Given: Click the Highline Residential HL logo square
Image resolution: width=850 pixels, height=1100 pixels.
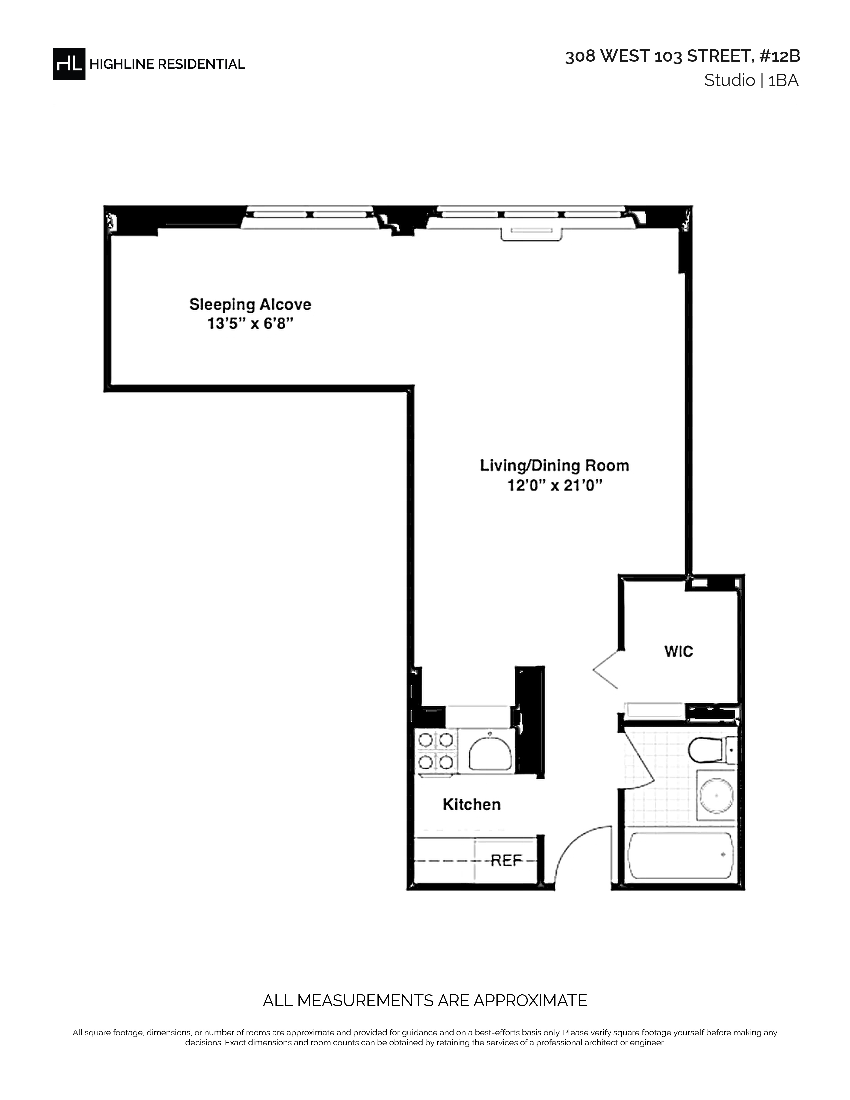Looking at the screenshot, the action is (x=69, y=64).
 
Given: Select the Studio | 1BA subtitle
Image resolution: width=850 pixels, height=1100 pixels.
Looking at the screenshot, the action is (x=751, y=81).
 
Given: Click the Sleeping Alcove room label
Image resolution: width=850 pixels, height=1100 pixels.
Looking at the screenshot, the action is (x=250, y=304).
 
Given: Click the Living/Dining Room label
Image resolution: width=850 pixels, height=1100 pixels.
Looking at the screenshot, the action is (x=554, y=466).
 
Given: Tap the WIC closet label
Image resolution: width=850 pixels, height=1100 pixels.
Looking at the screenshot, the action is (x=679, y=651).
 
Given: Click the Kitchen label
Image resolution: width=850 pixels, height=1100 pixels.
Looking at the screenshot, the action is (x=472, y=804).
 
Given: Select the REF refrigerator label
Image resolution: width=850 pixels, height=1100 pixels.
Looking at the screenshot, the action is (x=506, y=860).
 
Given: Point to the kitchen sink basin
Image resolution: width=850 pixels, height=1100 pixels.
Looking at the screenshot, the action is (x=490, y=753).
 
